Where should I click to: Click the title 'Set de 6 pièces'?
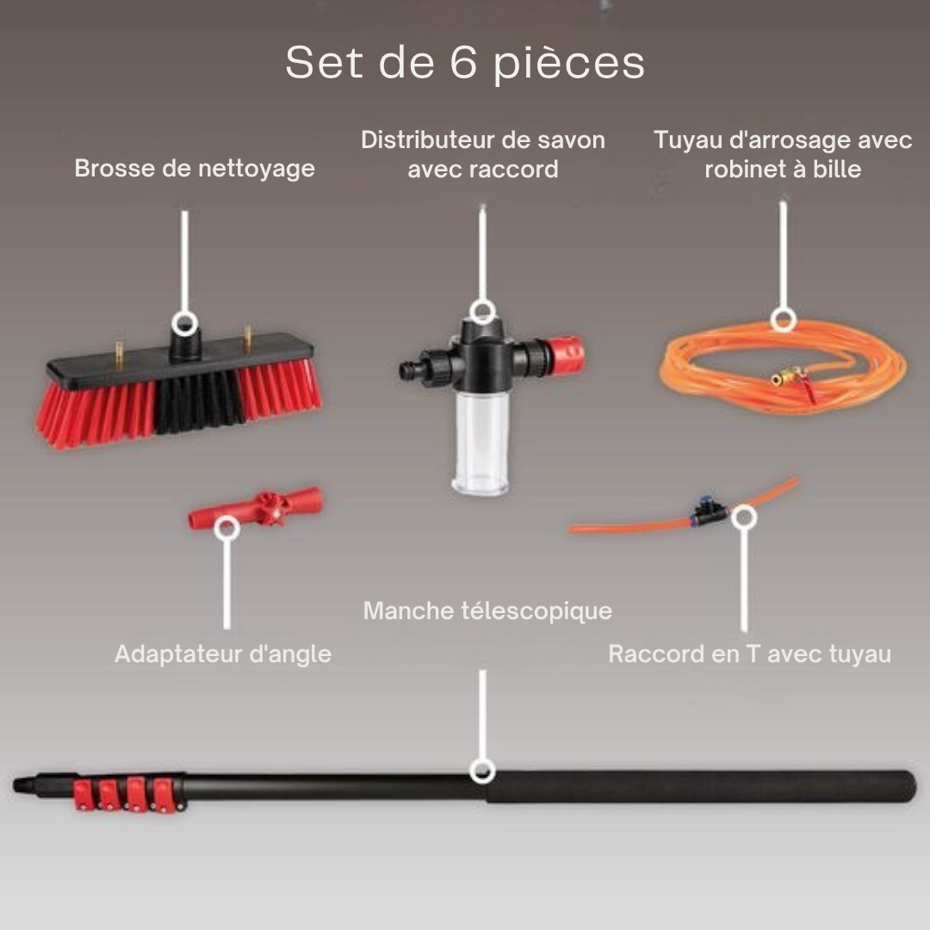click(x=465, y=63)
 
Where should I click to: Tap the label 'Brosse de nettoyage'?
click(x=195, y=168)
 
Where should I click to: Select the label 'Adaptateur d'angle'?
click(x=223, y=654)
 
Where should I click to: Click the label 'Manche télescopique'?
click(x=487, y=611)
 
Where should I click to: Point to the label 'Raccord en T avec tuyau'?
click(x=749, y=654)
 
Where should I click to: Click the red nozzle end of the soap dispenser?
click(x=567, y=352)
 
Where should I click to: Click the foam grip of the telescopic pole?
click(x=697, y=787)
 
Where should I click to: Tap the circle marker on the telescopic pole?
click(x=482, y=771)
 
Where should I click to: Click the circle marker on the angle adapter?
click(x=226, y=528)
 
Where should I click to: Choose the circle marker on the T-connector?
click(x=745, y=517)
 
